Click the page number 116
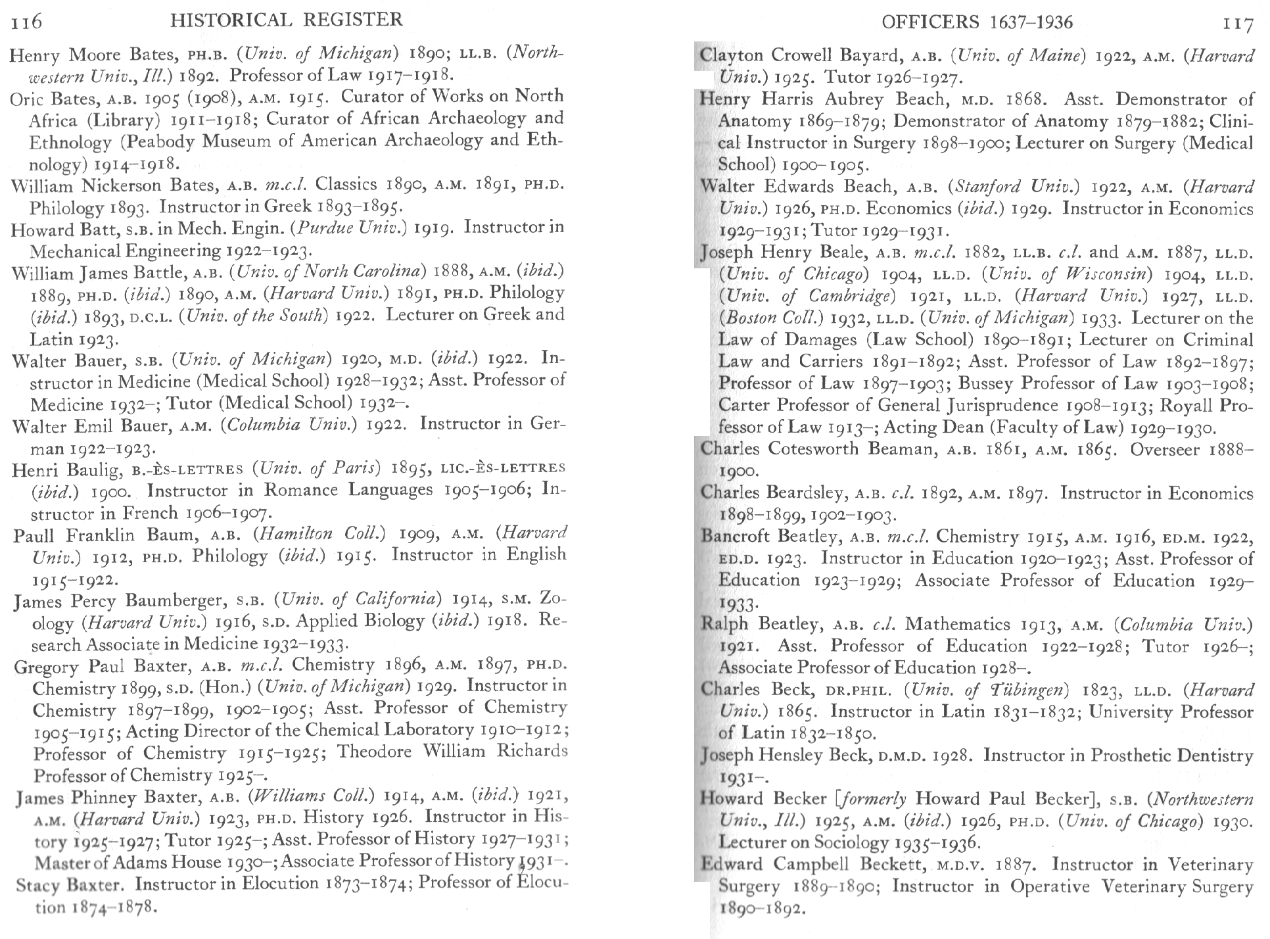(27, 22)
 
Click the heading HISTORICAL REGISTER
(286, 20)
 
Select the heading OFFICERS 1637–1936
(977, 22)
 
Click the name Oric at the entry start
(27, 98)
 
